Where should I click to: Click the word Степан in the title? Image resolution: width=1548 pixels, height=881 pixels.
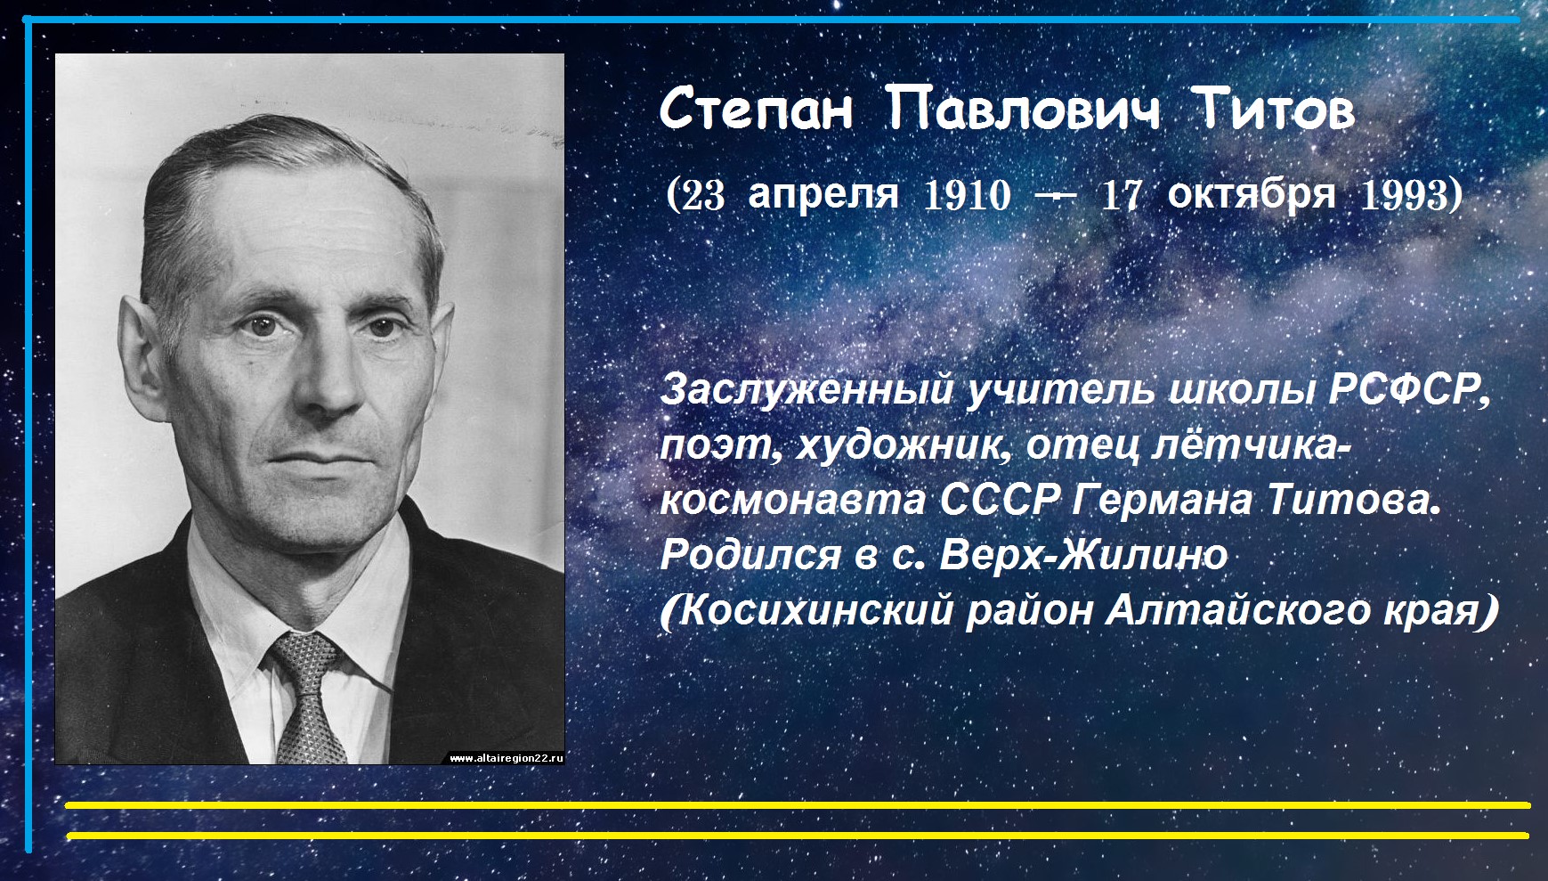(x=756, y=110)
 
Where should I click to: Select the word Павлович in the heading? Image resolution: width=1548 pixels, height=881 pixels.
(x=1024, y=110)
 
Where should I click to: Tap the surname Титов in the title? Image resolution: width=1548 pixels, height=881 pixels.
(x=1274, y=110)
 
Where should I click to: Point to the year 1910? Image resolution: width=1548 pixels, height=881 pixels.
(x=968, y=195)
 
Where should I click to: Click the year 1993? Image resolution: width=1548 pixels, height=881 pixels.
(x=1404, y=195)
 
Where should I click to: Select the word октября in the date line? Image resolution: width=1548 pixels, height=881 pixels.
(x=1251, y=195)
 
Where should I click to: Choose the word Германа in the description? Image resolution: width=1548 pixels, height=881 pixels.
(x=1163, y=500)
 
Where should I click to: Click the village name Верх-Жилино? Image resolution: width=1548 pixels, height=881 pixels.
(x=1083, y=554)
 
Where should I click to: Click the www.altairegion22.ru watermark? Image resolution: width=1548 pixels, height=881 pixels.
(x=506, y=758)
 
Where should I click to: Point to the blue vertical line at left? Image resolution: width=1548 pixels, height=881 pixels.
(x=28, y=436)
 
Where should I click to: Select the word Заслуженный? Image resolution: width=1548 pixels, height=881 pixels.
(x=808, y=390)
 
